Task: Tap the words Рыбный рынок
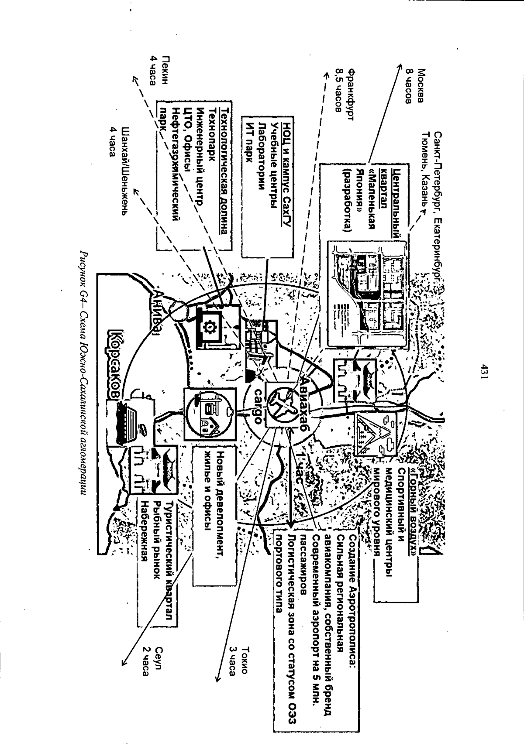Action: point(155,539)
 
